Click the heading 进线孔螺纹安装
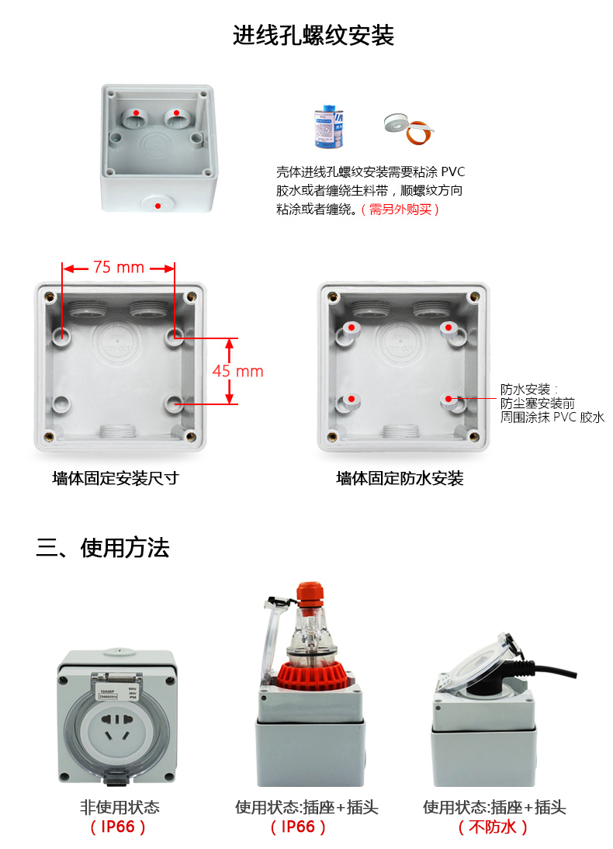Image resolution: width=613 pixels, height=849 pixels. click(x=313, y=36)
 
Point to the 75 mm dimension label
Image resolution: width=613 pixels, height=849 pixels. click(x=119, y=267)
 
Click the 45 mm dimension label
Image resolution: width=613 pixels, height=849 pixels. click(x=238, y=371)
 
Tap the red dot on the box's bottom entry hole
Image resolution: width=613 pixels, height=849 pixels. click(x=158, y=206)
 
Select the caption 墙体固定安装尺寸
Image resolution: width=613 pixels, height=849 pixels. click(x=116, y=478)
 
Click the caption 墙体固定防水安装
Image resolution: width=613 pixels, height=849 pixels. click(x=400, y=478)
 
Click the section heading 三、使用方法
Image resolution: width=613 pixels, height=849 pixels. click(x=102, y=548)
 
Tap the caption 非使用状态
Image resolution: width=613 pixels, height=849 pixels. click(x=119, y=807)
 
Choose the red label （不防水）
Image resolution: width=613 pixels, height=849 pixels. click(x=494, y=827)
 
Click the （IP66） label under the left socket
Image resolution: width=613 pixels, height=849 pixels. click(x=119, y=827)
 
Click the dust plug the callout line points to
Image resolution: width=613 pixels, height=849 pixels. click(x=449, y=400)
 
